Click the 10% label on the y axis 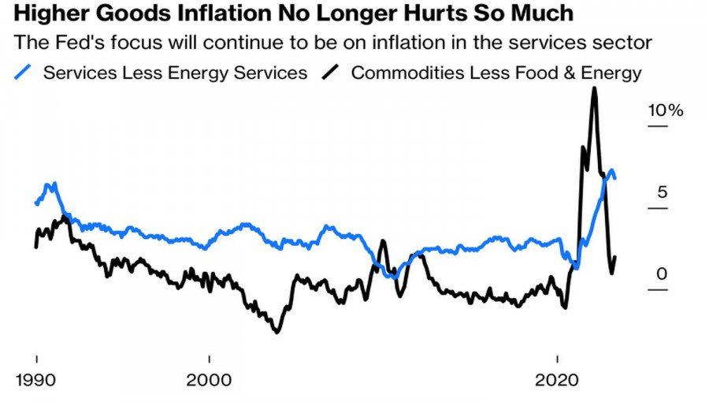(666, 110)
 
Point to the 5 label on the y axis (663, 192)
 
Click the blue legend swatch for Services (24, 73)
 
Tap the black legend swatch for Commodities (332, 73)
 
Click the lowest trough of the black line (277, 332)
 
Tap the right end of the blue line (614, 177)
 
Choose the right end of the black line (614, 257)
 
